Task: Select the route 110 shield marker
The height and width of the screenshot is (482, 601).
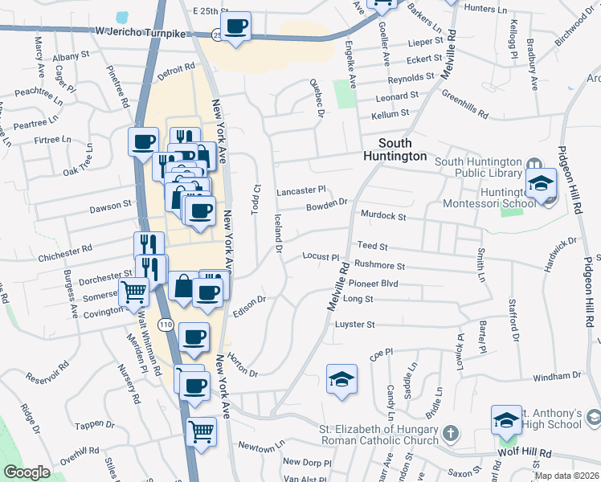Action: tap(166, 325)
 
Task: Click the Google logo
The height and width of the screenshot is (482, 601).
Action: tap(27, 472)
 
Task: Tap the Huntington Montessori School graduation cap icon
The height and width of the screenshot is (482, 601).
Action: tap(542, 184)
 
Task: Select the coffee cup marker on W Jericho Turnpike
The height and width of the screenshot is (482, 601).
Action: tap(236, 27)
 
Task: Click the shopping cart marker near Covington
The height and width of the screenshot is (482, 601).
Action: tap(133, 292)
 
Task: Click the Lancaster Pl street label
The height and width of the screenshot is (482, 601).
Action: tap(300, 190)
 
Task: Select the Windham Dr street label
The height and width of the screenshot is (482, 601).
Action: tap(555, 376)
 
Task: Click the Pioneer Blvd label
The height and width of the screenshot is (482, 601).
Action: tap(373, 284)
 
